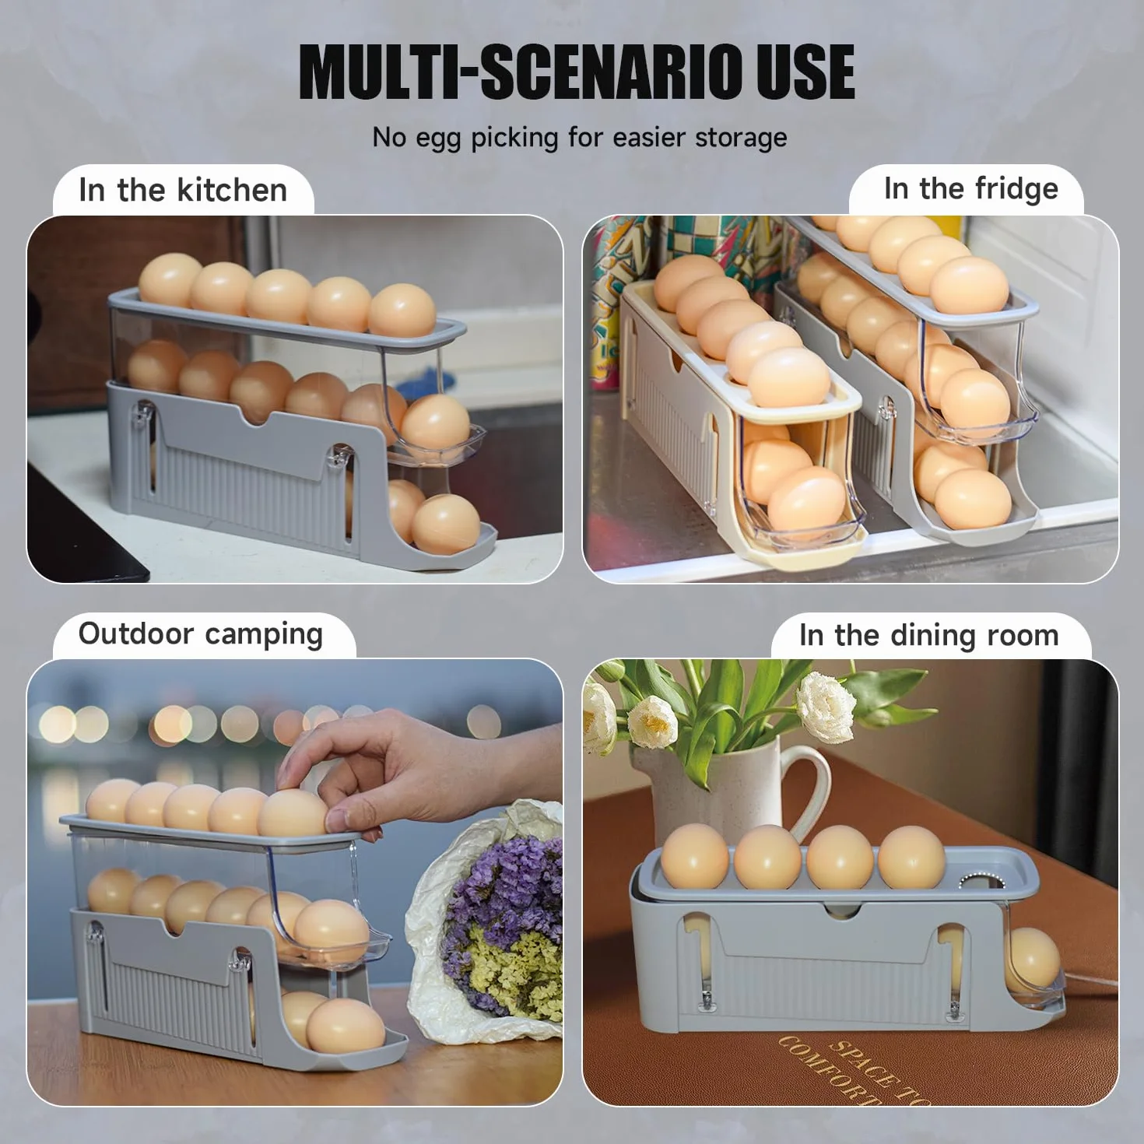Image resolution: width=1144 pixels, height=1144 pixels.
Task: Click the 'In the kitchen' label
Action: tap(183, 190)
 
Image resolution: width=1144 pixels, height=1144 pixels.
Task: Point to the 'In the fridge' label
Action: tap(971, 189)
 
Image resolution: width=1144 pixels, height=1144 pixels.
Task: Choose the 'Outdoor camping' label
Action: tap(201, 634)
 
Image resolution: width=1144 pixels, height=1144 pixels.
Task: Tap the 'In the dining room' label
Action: tap(929, 635)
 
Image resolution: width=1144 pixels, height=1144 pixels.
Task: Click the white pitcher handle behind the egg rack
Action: tap(813, 790)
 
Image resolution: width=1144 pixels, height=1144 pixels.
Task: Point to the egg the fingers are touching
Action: tap(292, 813)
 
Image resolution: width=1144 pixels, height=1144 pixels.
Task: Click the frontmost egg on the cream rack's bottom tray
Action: tap(806, 504)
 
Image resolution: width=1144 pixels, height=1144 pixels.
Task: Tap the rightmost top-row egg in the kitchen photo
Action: tap(402, 310)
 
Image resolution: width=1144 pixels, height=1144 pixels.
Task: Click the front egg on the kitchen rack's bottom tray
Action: tap(446, 525)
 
